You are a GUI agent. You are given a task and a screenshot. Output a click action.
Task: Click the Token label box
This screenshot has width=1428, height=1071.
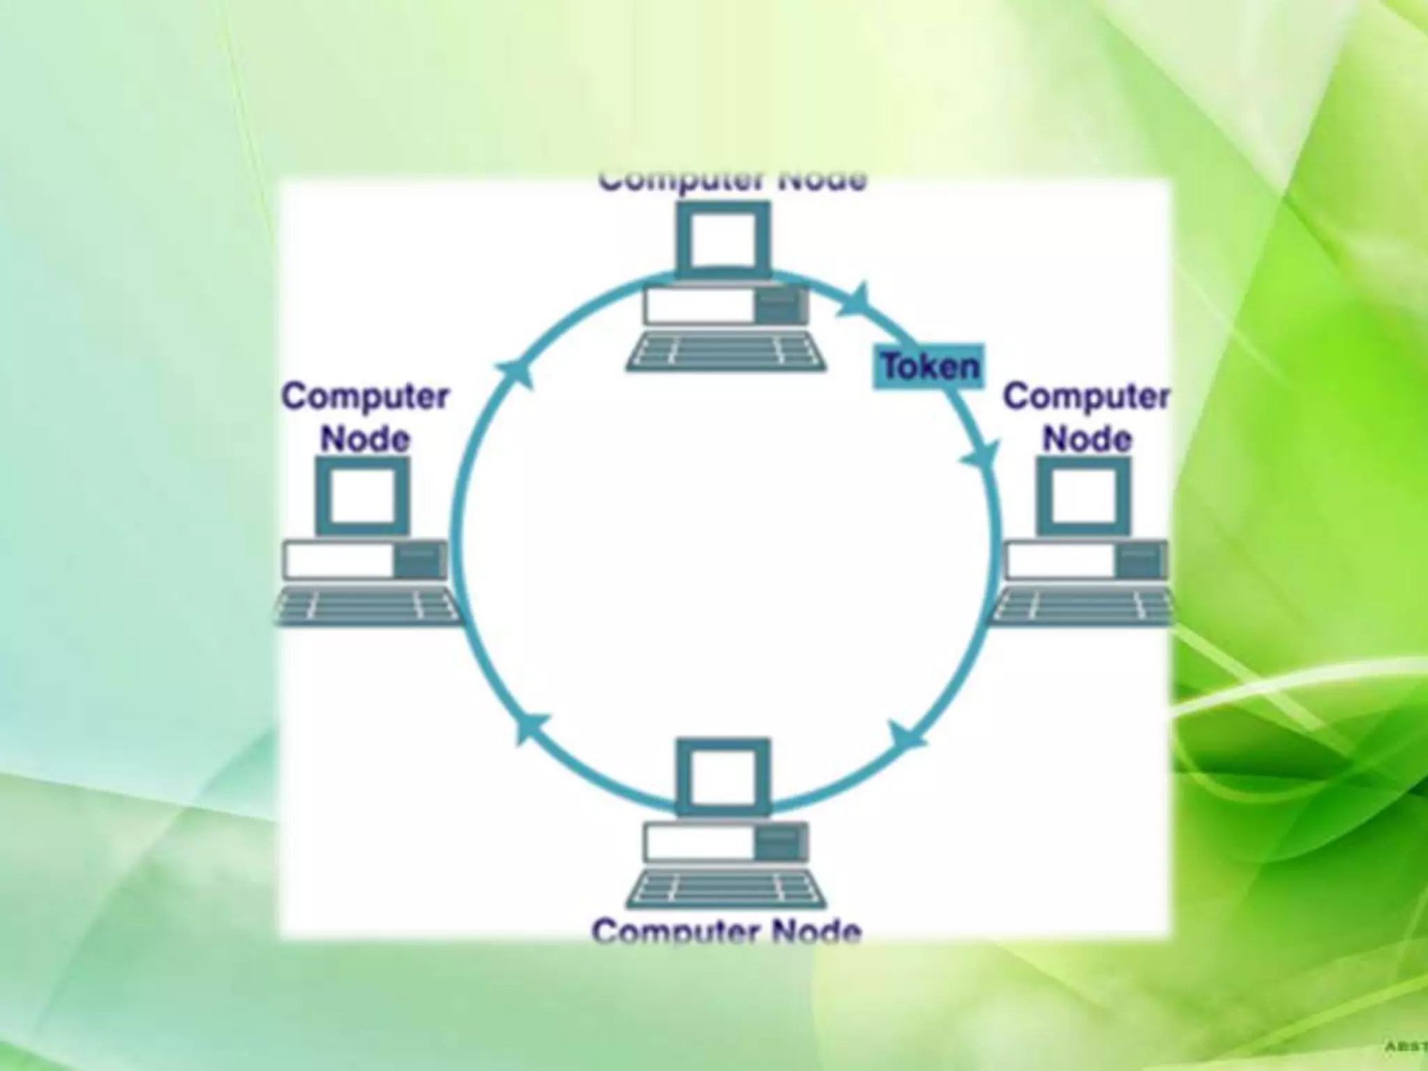coord(929,366)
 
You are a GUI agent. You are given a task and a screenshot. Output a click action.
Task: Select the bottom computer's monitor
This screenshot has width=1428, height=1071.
coord(724,775)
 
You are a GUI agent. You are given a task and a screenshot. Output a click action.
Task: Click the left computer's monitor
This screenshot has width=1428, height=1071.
coord(363,496)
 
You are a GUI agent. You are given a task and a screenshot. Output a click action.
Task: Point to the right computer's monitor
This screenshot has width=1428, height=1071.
coord(1083,496)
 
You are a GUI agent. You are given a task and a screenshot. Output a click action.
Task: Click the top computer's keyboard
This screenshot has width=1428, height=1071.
coord(725,351)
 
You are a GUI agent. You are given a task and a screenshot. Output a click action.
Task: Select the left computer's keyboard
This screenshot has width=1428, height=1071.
coord(367,605)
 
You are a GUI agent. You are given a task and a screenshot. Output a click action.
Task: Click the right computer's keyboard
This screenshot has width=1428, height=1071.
coord(1083,605)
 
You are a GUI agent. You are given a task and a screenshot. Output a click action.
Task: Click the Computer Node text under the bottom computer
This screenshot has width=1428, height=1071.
coord(726,932)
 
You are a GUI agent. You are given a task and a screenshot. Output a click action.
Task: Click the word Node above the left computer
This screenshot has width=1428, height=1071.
coord(365,439)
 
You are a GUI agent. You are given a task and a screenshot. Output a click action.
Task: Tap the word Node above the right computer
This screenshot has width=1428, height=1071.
coord(1086,439)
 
